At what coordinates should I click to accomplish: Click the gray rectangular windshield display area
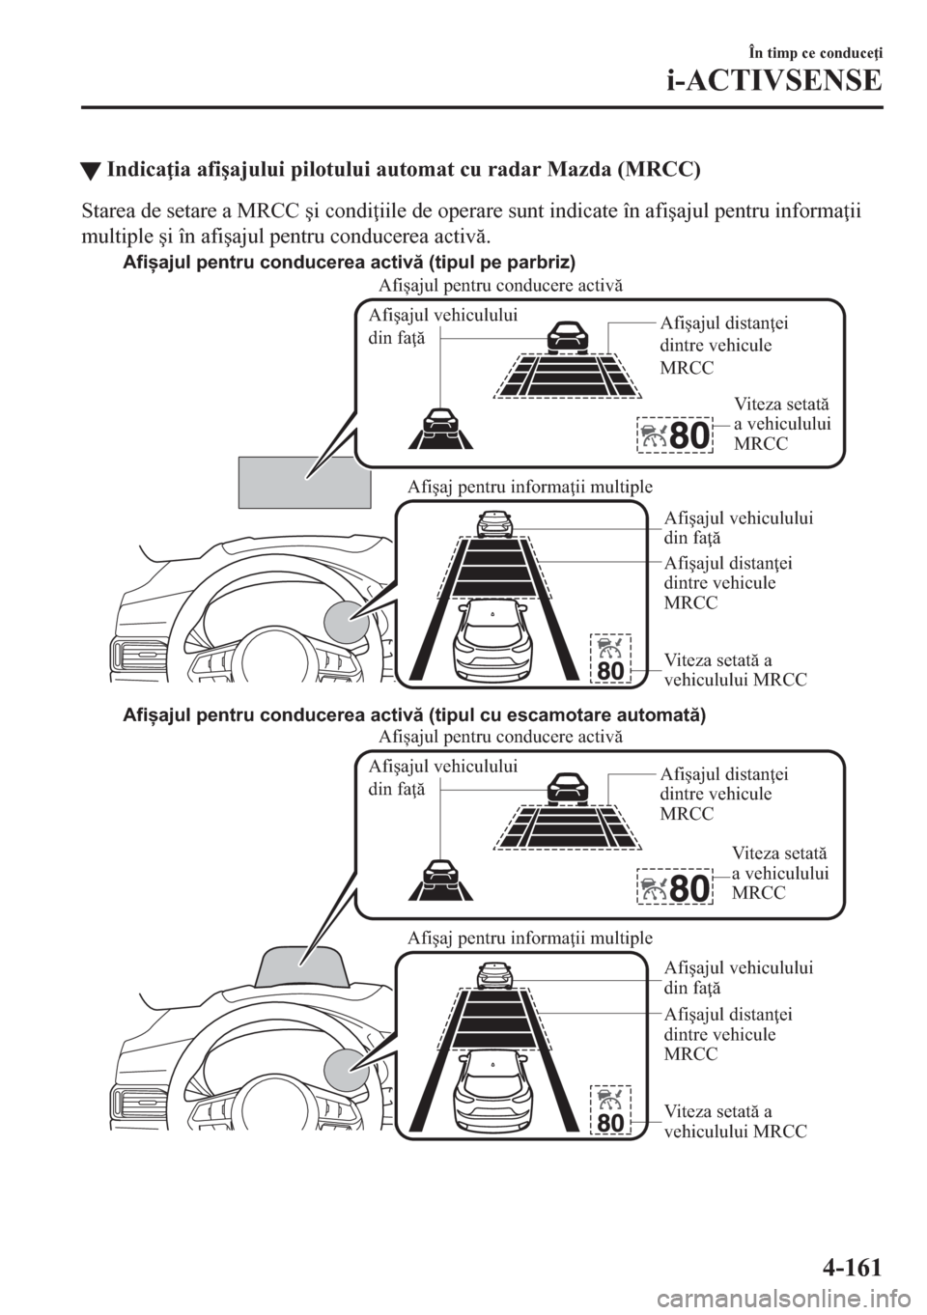click(x=305, y=482)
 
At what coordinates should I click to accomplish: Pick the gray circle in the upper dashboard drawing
click(x=347, y=624)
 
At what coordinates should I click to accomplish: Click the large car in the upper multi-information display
click(x=493, y=639)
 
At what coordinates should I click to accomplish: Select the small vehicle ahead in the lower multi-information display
click(x=495, y=975)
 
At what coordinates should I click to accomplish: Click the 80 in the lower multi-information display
click(x=610, y=1122)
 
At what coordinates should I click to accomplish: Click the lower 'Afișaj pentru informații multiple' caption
click(x=529, y=937)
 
